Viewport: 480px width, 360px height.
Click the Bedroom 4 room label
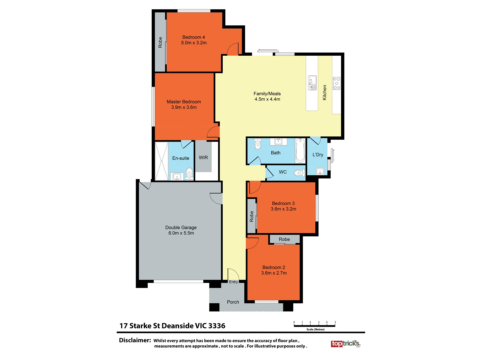pyautogui.click(x=193, y=37)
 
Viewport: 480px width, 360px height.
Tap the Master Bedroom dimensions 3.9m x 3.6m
pyautogui.click(x=184, y=107)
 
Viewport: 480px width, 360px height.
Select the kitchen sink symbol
pyautogui.click(x=312, y=83)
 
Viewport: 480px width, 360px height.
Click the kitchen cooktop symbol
pyautogui.click(x=336, y=83)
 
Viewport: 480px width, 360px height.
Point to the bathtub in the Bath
pyautogui.click(x=300, y=151)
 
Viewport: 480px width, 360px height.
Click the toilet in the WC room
pyautogui.click(x=300, y=173)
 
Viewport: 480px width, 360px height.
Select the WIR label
pyautogui.click(x=203, y=158)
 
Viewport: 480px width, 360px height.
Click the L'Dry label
pyautogui.click(x=318, y=155)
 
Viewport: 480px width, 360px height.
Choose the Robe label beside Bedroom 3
pyautogui.click(x=252, y=216)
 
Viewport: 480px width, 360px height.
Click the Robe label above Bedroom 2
pyautogui.click(x=284, y=239)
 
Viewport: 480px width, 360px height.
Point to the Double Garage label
pyautogui.click(x=181, y=227)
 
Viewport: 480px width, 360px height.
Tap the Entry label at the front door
pyautogui.click(x=233, y=282)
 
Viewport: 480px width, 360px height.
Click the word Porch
pyautogui.click(x=233, y=302)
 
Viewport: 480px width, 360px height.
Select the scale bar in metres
pyautogui.click(x=314, y=325)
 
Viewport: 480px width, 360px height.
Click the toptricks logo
pyautogui.click(x=345, y=343)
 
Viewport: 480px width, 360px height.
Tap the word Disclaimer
pyautogui.click(x=135, y=340)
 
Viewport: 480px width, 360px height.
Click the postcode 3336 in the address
pyautogui.click(x=217, y=326)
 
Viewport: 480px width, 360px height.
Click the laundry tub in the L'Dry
pyautogui.click(x=320, y=172)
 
